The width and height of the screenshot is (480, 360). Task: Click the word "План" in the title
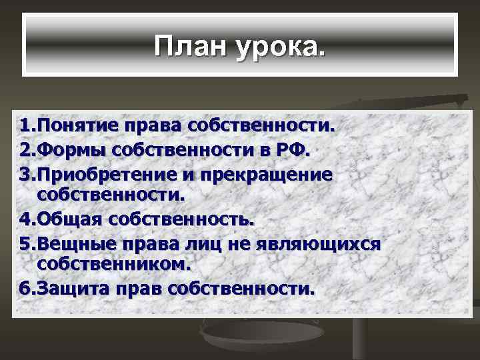coord(189,46)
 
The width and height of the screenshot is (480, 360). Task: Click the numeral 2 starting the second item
coord(24,149)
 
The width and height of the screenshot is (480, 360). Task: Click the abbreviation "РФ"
coord(292,149)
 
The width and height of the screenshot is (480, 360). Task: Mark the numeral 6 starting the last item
coord(24,289)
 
